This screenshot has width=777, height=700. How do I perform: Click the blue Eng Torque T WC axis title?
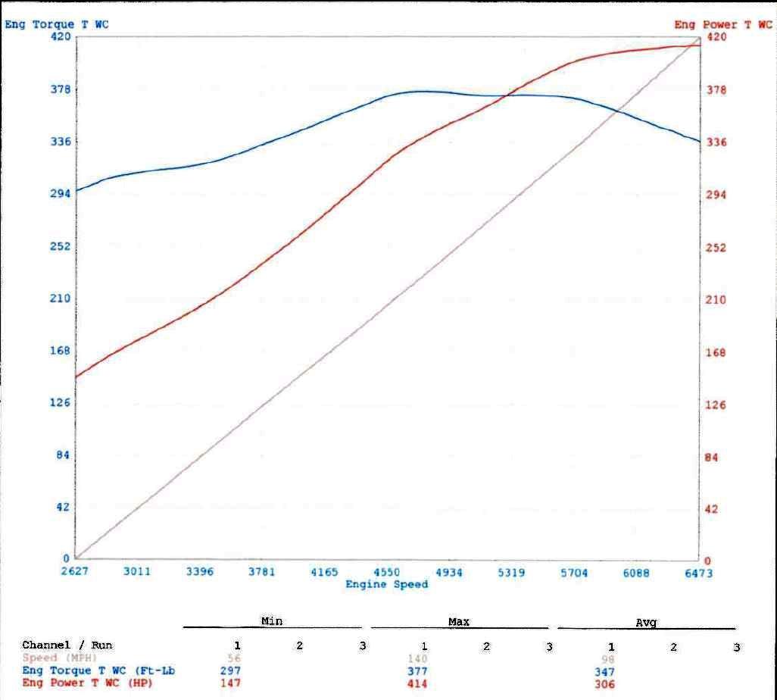coord(57,24)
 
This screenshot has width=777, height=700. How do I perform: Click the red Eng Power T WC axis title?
coord(723,25)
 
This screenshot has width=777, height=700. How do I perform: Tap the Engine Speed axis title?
coord(387,584)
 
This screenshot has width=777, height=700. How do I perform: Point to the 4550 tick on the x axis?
coord(386,572)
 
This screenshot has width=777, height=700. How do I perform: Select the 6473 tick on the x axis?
coord(698,573)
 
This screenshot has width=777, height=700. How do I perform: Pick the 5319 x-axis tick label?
coord(511,573)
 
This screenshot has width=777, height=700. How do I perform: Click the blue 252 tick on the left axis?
coord(60,246)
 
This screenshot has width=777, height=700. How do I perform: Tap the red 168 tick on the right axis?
coord(716,352)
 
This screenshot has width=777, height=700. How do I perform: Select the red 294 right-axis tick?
coord(716,195)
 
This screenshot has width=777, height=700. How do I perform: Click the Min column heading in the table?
coord(272,621)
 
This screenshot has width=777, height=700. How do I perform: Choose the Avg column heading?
coord(646,623)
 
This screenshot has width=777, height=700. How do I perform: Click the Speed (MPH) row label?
coord(60,658)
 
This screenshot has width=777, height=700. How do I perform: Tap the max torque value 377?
coord(417,671)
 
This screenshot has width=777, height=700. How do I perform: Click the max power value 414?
coord(417,684)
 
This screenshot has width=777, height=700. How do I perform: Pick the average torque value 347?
coord(604,672)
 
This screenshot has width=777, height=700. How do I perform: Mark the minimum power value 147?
coord(231,683)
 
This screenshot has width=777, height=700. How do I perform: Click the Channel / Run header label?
coord(67,645)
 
